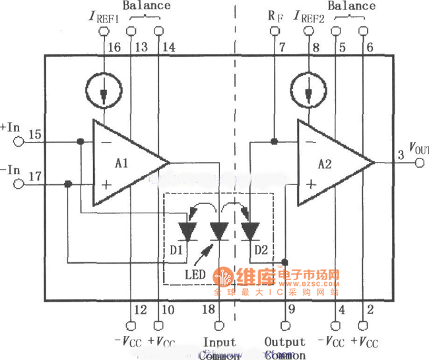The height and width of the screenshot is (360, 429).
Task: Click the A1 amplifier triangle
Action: tap(125, 163)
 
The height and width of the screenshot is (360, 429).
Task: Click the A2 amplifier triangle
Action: tap(330, 163)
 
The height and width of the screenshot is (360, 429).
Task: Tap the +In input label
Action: tap(11, 126)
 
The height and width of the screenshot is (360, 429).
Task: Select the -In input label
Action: tap(11, 169)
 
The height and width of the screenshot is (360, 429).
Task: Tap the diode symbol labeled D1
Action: tap(189, 231)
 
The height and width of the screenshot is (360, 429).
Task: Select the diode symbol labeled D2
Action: tap(250, 231)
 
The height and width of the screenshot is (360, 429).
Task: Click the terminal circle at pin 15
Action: tap(19, 141)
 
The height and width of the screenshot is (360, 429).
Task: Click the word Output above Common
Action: tap(285, 342)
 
